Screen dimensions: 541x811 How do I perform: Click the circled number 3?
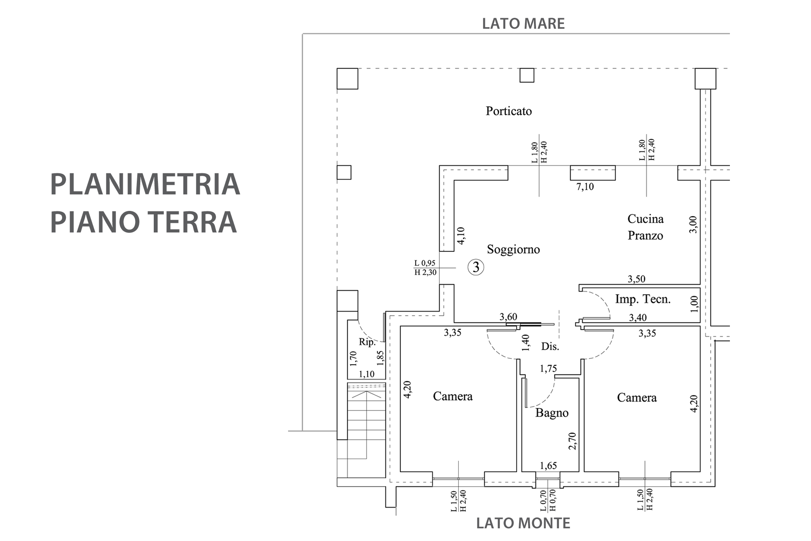[476, 267]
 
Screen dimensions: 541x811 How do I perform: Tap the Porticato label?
[509, 111]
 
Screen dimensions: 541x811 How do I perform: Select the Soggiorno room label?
[513, 249]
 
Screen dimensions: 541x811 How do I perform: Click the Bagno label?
[552, 413]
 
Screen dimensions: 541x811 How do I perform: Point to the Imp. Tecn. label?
[643, 299]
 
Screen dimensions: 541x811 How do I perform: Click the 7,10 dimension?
[585, 186]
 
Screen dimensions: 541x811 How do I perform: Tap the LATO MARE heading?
[523, 24]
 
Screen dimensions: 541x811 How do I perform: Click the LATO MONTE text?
[523, 523]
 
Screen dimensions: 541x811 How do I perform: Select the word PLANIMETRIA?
[145, 184]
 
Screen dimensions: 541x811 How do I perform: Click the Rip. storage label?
[367, 342]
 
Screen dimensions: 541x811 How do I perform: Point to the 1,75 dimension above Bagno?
[548, 369]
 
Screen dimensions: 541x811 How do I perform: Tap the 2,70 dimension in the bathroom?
[572, 441]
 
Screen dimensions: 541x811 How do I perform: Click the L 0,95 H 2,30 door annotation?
[425, 268]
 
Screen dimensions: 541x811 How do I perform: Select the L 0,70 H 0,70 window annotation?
[548, 500]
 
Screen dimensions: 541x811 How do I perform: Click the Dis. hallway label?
[550, 347]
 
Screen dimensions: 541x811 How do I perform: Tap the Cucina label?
[645, 219]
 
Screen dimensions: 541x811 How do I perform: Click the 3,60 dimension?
[508, 317]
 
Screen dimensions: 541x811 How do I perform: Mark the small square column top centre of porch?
[527, 75]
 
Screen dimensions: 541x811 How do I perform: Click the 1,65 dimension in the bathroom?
[548, 466]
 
